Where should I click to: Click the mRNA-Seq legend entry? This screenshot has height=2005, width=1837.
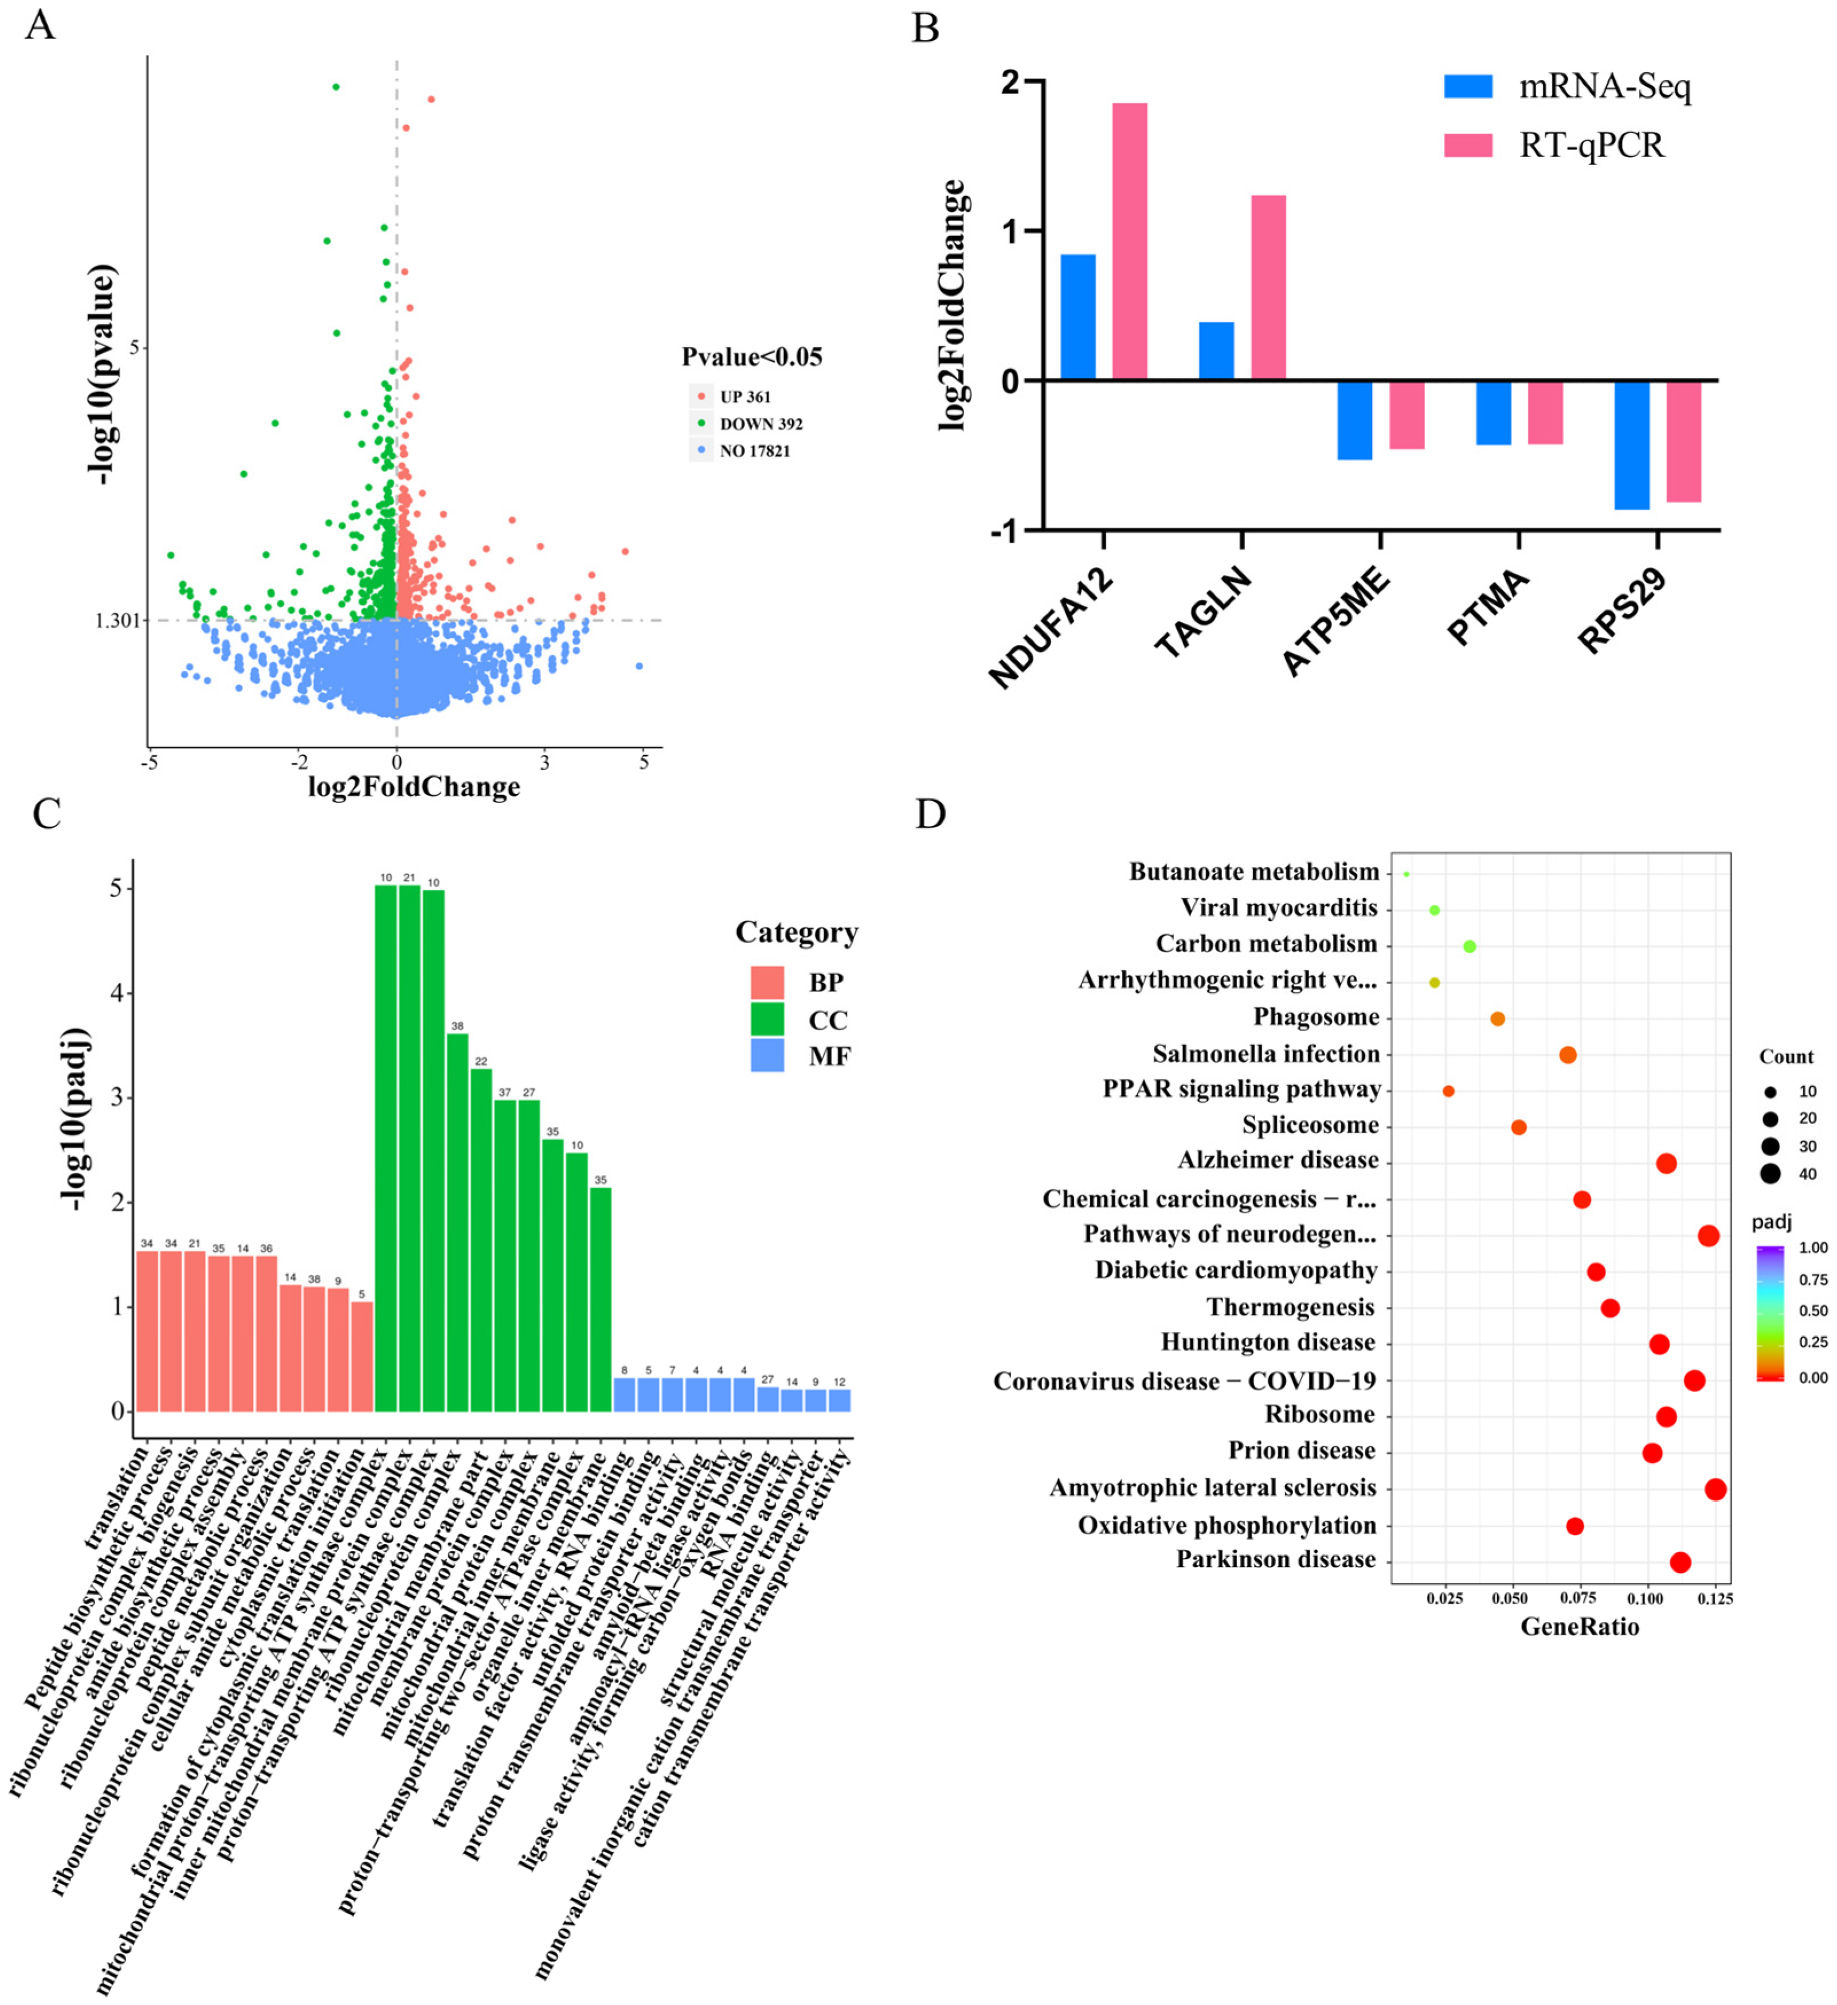click(1603, 88)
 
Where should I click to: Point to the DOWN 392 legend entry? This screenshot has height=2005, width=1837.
click(760, 424)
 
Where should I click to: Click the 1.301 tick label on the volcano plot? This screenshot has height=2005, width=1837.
click(117, 621)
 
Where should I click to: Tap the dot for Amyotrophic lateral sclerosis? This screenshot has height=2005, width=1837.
click(1715, 1489)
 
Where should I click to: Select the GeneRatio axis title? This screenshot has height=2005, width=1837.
click(1580, 1626)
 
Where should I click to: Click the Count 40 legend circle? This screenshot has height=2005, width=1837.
click(1771, 1173)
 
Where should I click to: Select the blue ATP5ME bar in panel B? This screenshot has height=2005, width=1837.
click(1354, 420)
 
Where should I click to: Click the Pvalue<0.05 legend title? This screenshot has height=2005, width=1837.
click(752, 357)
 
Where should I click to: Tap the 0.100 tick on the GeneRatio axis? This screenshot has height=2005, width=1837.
click(1648, 1598)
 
